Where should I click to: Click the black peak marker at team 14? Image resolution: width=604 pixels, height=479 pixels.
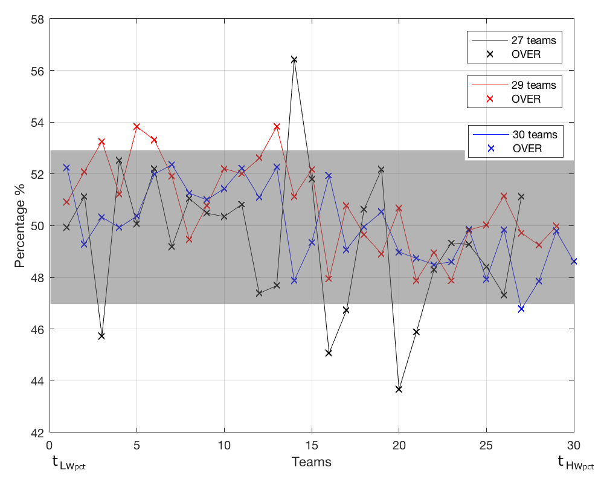[294, 60]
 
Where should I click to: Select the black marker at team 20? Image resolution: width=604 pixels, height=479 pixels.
[399, 390]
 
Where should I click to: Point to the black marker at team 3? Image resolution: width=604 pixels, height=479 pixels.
[101, 336]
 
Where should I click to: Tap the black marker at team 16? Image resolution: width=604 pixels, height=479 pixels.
[329, 353]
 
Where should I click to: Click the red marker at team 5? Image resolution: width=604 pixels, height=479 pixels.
[137, 127]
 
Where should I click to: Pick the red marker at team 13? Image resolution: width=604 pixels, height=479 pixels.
[277, 127]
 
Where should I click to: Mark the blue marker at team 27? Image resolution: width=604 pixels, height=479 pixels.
[521, 309]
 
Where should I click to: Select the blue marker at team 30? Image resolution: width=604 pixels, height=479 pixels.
[574, 262]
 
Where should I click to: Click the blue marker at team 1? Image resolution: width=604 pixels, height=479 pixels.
[66, 167]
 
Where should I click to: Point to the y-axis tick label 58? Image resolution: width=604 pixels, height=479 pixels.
[37, 19]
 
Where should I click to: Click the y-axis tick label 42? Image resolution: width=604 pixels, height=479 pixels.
[37, 432]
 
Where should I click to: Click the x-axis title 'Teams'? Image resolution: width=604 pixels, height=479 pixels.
[311, 463]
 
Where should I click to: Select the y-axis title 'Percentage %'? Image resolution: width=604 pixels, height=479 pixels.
[21, 226]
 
